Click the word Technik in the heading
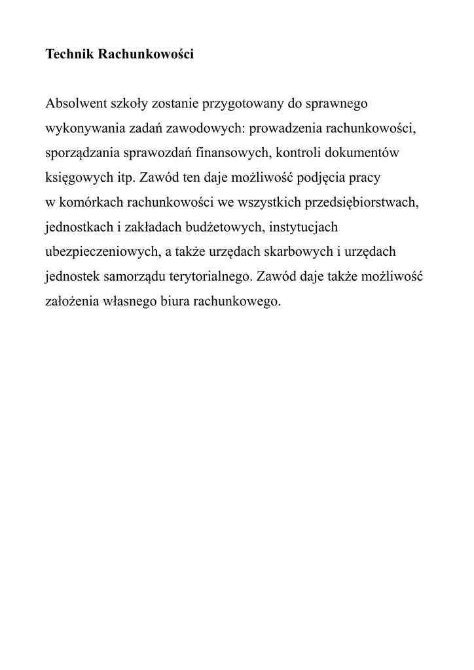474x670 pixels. tap(69, 55)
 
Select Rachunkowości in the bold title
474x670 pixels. tap(145, 55)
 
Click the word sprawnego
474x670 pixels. tap(337, 104)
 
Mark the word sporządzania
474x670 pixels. tap(82, 154)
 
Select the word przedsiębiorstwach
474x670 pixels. tap(361, 203)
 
